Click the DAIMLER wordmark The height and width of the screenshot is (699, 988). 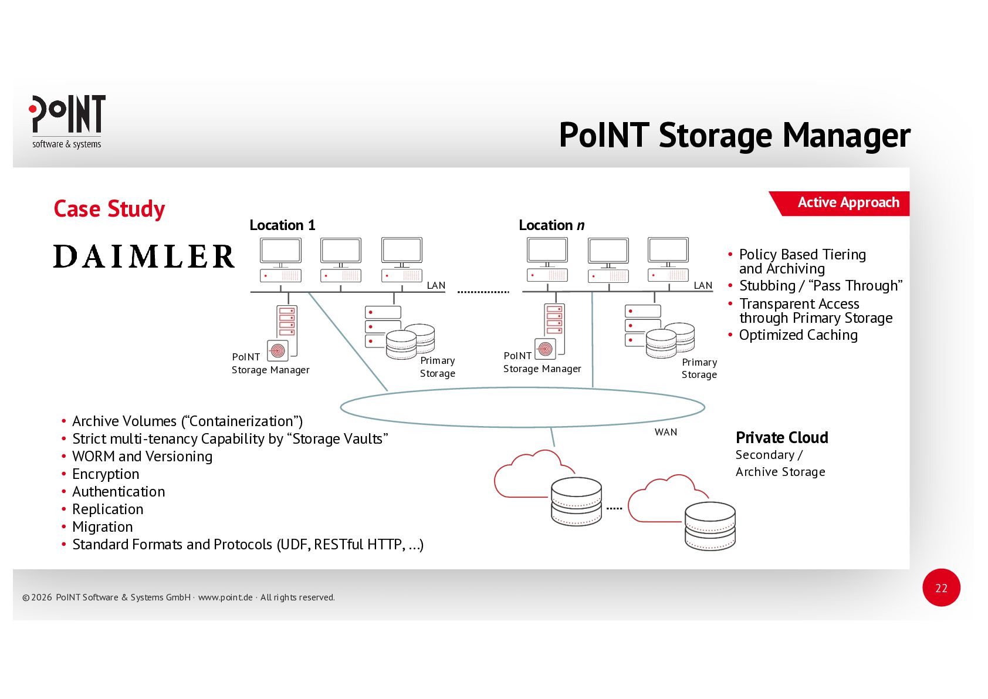[x=144, y=256]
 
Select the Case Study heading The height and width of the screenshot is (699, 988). [x=109, y=209]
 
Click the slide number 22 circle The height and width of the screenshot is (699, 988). [x=940, y=587]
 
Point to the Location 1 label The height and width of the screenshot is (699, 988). [x=282, y=225]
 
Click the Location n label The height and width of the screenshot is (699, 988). [x=551, y=225]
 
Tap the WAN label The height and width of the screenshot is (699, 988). [x=665, y=432]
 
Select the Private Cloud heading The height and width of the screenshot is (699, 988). [x=781, y=438]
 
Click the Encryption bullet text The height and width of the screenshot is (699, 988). [x=106, y=474]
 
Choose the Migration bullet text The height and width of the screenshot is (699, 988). [x=103, y=527]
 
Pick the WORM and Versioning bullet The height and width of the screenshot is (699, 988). [x=142, y=457]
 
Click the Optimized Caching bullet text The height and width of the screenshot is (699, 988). [x=798, y=335]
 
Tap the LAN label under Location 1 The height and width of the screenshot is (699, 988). [x=435, y=285]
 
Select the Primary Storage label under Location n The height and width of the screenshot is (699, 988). [x=699, y=369]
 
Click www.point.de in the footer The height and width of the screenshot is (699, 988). [x=225, y=597]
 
